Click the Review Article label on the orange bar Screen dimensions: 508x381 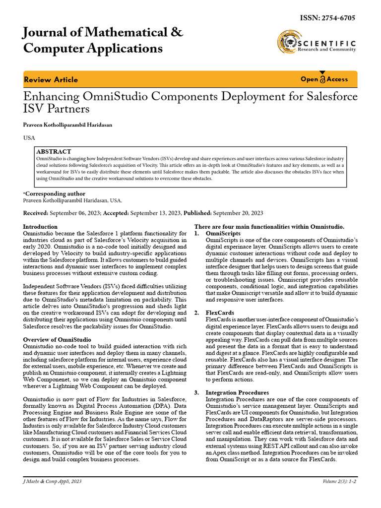pyautogui.click(x=51, y=79)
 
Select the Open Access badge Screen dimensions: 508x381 pyautogui.click(x=324, y=79)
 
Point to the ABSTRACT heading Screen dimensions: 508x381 pyautogui.click(x=54, y=151)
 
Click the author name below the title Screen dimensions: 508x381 pyautogui.click(x=67, y=125)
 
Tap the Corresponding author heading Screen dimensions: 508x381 pyautogui.click(x=55, y=194)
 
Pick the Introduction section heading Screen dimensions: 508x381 pyautogui.click(x=40, y=227)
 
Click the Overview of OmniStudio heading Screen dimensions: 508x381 pyautogui.click(x=57, y=339)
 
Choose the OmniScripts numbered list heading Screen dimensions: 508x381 pyautogui.click(x=223, y=233)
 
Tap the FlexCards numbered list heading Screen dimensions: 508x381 pyautogui.click(x=220, y=313)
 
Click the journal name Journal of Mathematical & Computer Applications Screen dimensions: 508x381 pyautogui.click(x=103, y=41)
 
